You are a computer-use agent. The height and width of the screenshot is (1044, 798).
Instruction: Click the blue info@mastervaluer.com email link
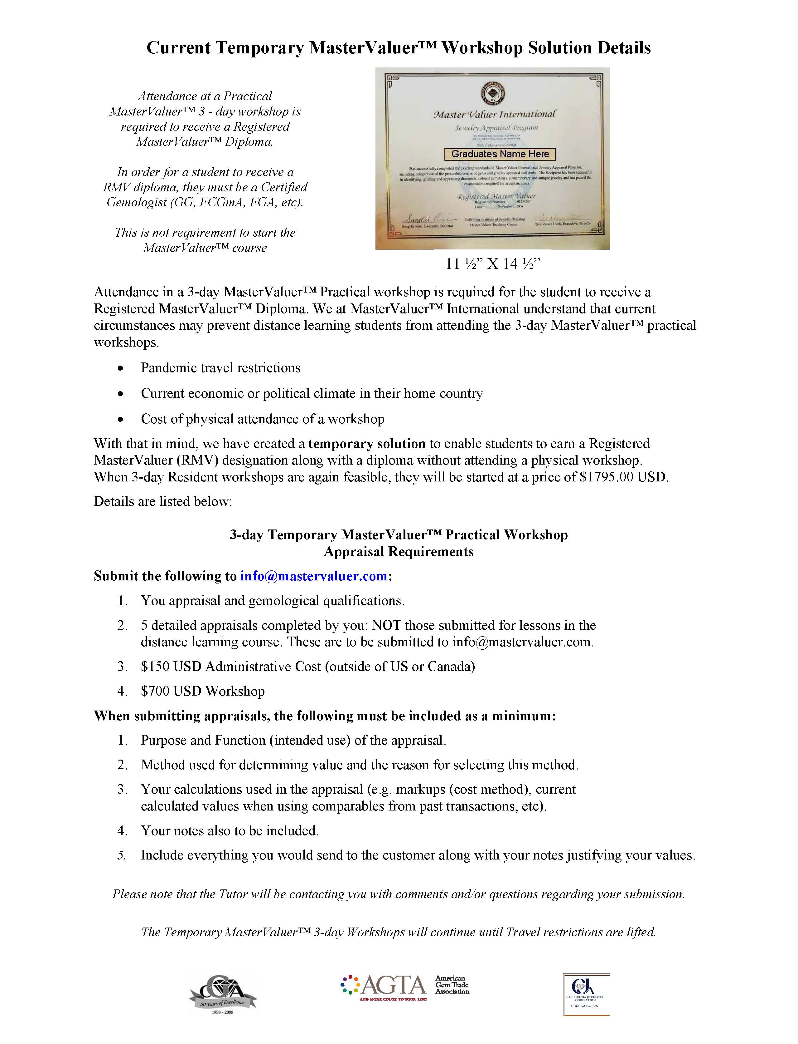(x=313, y=576)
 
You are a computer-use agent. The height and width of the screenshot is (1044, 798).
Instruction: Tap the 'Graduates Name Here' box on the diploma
(x=500, y=154)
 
